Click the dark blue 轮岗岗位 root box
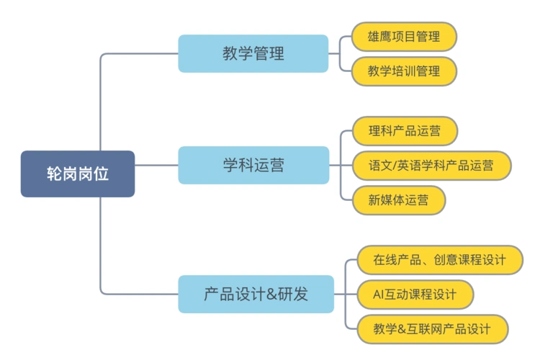coord(77,174)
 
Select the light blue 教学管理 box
coord(253,53)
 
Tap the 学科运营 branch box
coord(253,165)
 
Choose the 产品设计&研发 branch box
coord(256,294)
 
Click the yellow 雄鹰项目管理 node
coord(403,36)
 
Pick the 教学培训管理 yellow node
coord(403,71)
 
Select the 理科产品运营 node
coord(404,131)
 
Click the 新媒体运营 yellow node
coord(398,199)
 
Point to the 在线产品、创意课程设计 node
coord(439,260)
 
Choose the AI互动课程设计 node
coord(415,294)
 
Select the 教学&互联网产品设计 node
coord(432,329)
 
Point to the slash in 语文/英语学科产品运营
coord(397,166)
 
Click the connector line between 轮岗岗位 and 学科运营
coord(156,165)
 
